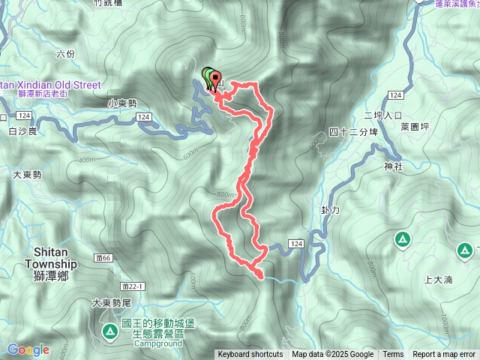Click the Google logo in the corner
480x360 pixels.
point(28,349)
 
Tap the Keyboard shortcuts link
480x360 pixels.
point(250,355)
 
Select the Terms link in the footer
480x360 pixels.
point(393,355)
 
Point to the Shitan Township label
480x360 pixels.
point(51,259)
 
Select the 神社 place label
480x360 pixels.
point(392,166)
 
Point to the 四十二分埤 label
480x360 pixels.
point(352,132)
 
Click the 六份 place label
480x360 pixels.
point(65,54)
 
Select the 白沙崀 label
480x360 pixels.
point(22,131)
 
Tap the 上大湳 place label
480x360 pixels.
point(438,280)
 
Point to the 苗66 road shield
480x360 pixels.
point(103,258)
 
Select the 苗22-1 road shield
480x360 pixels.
point(130,286)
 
